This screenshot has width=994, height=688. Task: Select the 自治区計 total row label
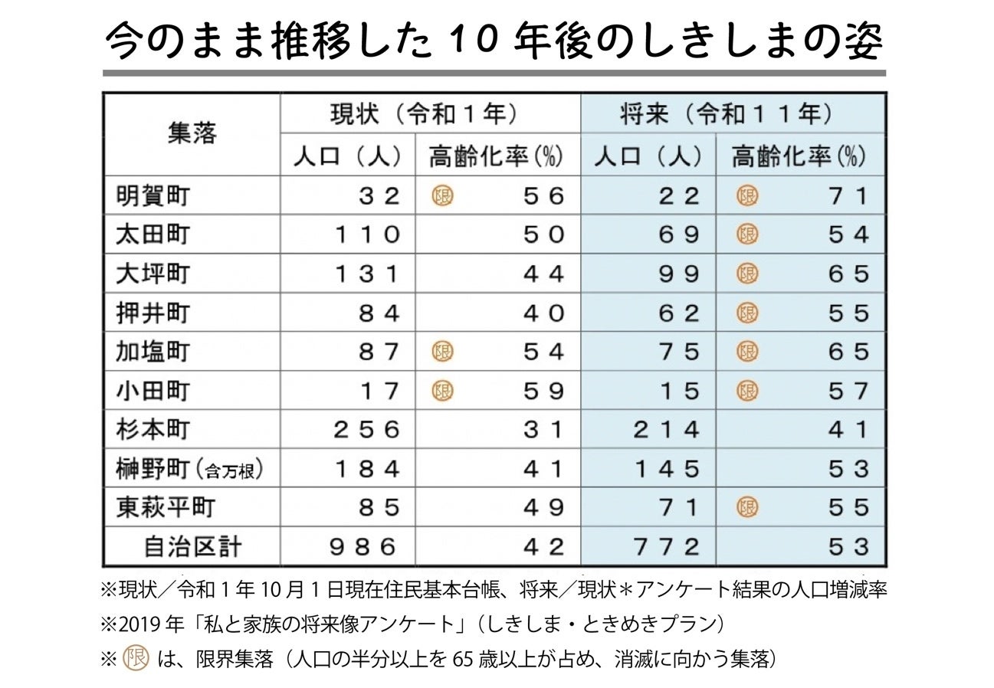tap(193, 547)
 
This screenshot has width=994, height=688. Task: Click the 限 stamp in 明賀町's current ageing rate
tap(442, 195)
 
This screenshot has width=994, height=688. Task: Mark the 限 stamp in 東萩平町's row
tap(746, 507)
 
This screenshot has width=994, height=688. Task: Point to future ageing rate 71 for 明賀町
tap(848, 195)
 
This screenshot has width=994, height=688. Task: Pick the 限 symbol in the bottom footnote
tap(136, 658)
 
